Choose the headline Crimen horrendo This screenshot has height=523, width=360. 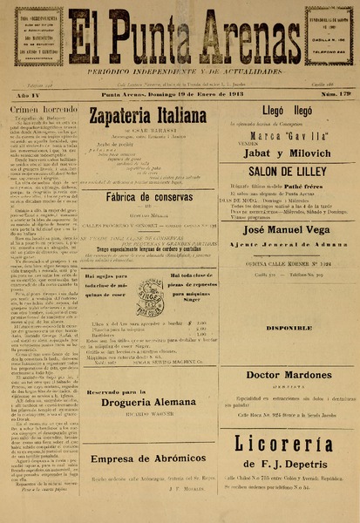pos(44,110)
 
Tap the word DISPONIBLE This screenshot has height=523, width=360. pos(284,328)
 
